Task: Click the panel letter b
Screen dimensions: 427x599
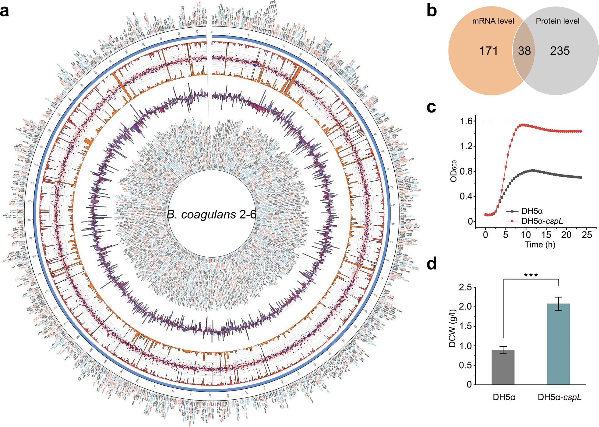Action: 432,11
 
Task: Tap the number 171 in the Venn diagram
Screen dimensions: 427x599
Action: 489,51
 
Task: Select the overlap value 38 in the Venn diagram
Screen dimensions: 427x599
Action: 524,51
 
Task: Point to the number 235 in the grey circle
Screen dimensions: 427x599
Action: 560,51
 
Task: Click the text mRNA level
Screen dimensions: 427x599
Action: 493,21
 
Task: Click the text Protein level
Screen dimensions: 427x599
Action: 557,21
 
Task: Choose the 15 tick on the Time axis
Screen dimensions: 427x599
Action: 546,235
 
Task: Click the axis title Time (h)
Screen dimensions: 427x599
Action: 540,245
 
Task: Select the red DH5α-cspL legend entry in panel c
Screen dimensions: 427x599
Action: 542,221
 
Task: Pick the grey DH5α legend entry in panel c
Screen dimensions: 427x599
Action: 532,211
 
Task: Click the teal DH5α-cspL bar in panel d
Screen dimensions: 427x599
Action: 558,344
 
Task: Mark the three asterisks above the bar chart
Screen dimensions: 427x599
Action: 531,275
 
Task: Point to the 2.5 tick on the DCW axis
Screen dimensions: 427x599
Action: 465,287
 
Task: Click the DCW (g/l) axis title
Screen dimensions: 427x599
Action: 453,328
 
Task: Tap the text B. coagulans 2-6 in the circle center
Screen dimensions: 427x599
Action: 211,215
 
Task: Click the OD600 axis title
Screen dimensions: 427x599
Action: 454,171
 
